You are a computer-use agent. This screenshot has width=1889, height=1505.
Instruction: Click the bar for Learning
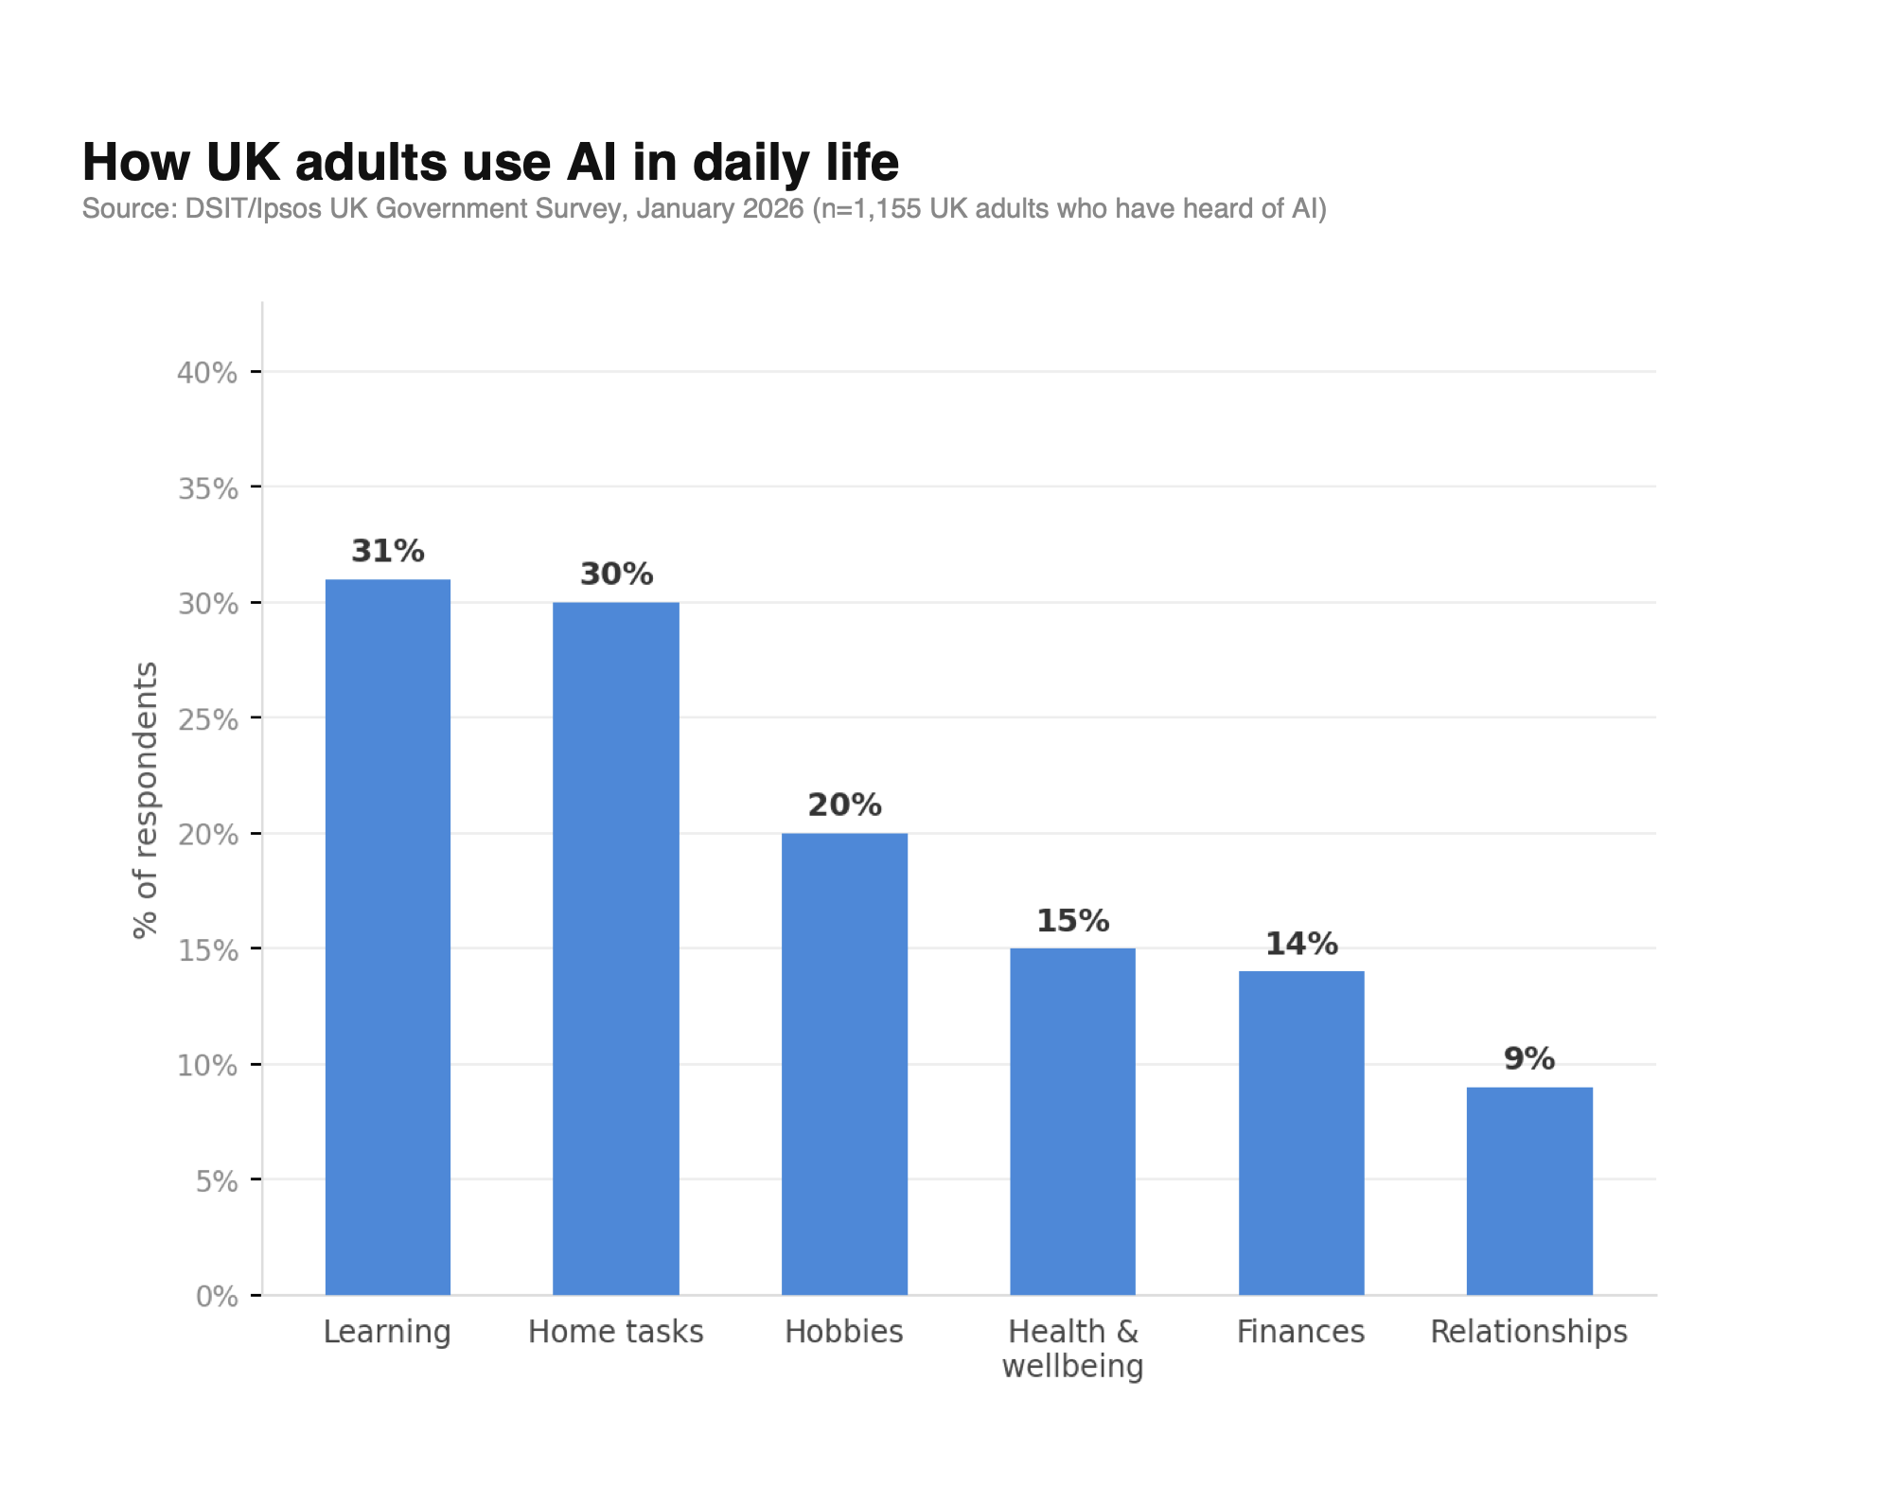click(387, 937)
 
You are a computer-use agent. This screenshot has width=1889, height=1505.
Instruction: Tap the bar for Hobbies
click(844, 1064)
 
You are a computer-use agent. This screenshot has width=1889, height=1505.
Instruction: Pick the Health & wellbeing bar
click(1072, 1122)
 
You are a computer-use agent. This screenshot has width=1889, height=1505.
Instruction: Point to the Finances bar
click(1301, 1133)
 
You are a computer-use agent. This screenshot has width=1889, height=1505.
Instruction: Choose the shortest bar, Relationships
click(1529, 1191)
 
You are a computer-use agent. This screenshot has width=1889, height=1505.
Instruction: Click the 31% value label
click(387, 551)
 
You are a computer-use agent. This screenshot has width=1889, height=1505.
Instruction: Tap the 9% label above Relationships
click(1529, 1058)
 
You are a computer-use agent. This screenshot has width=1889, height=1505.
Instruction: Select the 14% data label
click(1301, 944)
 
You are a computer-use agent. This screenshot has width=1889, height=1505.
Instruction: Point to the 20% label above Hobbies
click(844, 806)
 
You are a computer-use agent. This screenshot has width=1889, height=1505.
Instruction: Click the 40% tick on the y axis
click(207, 373)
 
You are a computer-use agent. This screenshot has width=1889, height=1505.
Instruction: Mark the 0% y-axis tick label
click(217, 1296)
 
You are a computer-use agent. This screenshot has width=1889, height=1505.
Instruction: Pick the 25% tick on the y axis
click(207, 719)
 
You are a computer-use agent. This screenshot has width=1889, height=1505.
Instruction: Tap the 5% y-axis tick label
click(217, 1181)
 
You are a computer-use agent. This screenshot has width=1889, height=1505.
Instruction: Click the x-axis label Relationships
click(1528, 1332)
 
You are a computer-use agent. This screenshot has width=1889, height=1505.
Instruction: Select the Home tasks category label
click(616, 1332)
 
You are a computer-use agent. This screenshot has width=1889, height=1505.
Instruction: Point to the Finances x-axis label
click(1301, 1332)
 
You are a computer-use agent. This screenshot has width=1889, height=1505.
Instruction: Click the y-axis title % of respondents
click(145, 800)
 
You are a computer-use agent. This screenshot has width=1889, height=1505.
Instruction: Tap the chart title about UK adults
click(490, 162)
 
